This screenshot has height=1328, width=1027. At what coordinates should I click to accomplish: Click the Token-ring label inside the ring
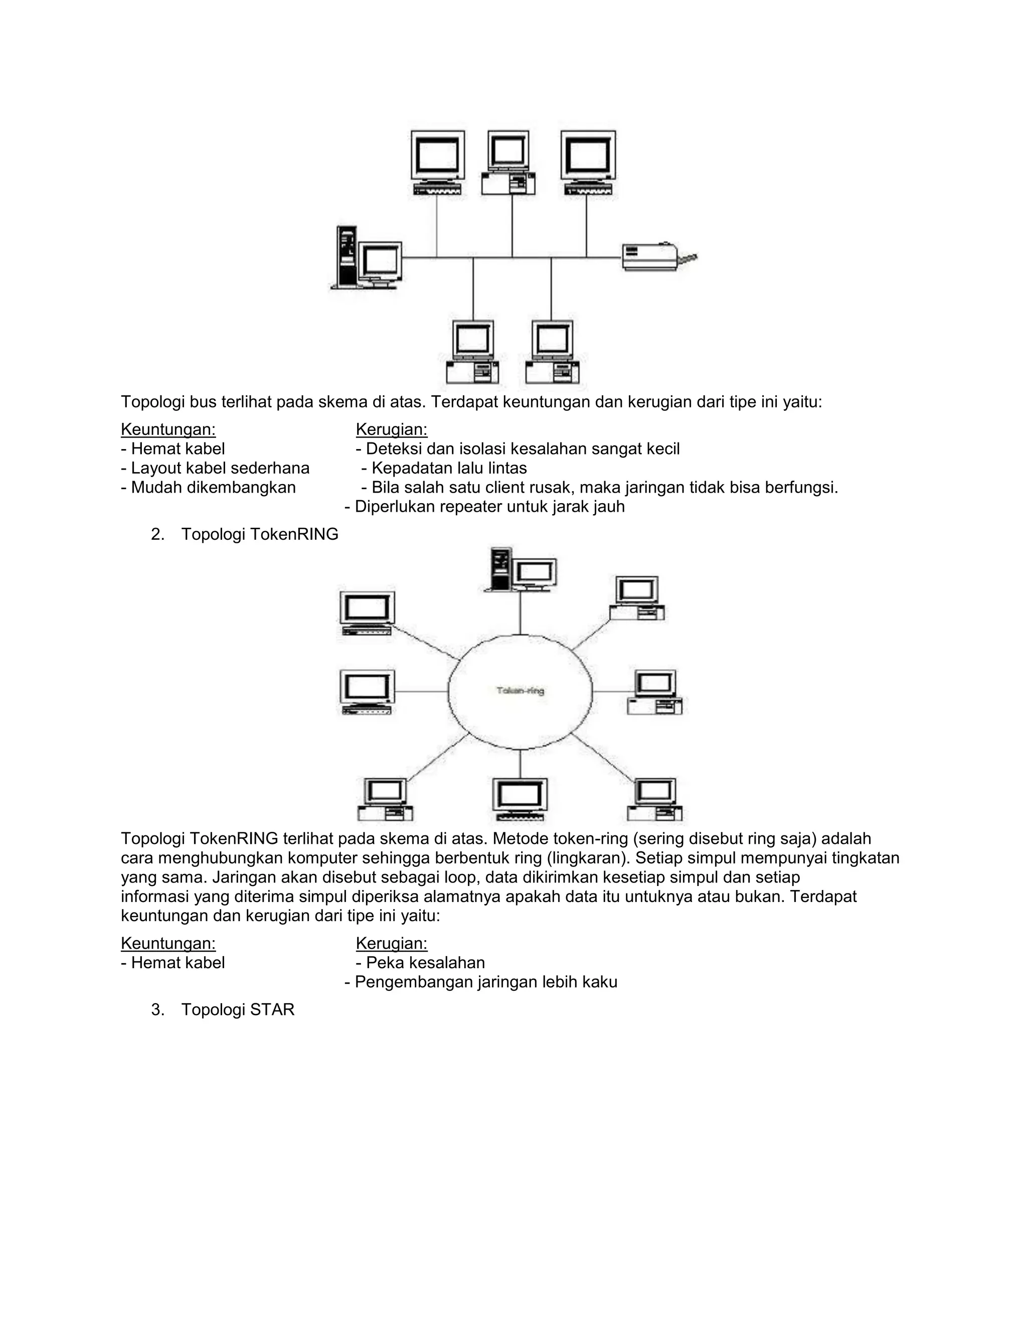(520, 690)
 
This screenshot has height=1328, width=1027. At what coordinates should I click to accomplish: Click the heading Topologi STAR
(237, 1009)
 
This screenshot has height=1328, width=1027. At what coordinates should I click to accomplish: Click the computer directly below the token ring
(520, 798)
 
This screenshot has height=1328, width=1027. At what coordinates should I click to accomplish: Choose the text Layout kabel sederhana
(215, 468)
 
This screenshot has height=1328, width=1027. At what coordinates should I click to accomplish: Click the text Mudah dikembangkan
(209, 488)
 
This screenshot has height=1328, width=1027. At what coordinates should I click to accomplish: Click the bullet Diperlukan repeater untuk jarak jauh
(485, 507)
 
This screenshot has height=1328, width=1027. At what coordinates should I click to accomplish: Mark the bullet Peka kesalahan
(421, 963)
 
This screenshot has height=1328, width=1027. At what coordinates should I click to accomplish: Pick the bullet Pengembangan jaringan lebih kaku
(481, 982)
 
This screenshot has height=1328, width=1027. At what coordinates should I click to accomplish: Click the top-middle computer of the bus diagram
(508, 162)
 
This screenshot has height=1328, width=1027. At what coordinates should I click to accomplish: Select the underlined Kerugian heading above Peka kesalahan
(392, 943)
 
